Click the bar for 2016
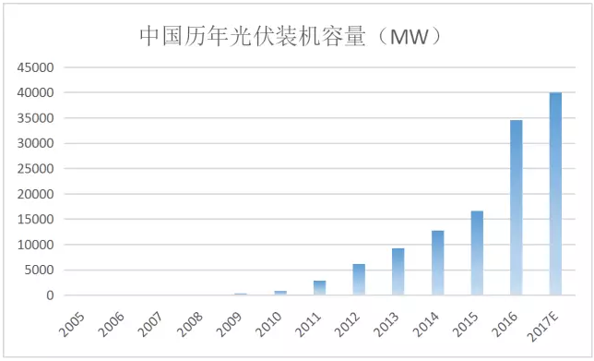click(516, 208)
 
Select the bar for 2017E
click(555, 194)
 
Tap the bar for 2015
click(477, 253)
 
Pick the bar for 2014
click(437, 263)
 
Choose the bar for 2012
click(359, 280)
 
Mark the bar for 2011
click(319, 288)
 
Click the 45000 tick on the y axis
click(36, 67)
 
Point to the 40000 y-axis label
click(36, 93)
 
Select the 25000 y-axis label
click(36, 169)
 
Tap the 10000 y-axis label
click(36, 246)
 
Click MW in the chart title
click(406, 37)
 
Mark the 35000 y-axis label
click(36, 118)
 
